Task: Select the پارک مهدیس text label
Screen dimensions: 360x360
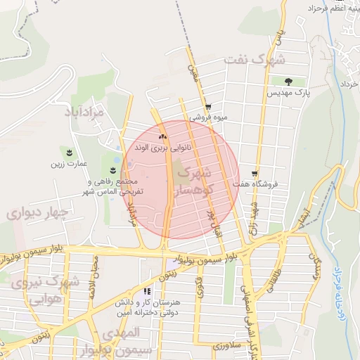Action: coord(289,93)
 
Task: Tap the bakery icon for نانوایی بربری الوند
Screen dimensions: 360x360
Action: coord(163,136)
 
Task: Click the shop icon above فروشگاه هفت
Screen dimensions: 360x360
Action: coord(254,174)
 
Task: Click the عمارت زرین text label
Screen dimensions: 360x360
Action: coord(68,165)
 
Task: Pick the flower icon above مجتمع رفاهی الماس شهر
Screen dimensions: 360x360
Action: coord(114,169)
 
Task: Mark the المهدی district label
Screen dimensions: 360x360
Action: coord(120,333)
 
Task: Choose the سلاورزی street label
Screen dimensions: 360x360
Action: coord(227,347)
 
